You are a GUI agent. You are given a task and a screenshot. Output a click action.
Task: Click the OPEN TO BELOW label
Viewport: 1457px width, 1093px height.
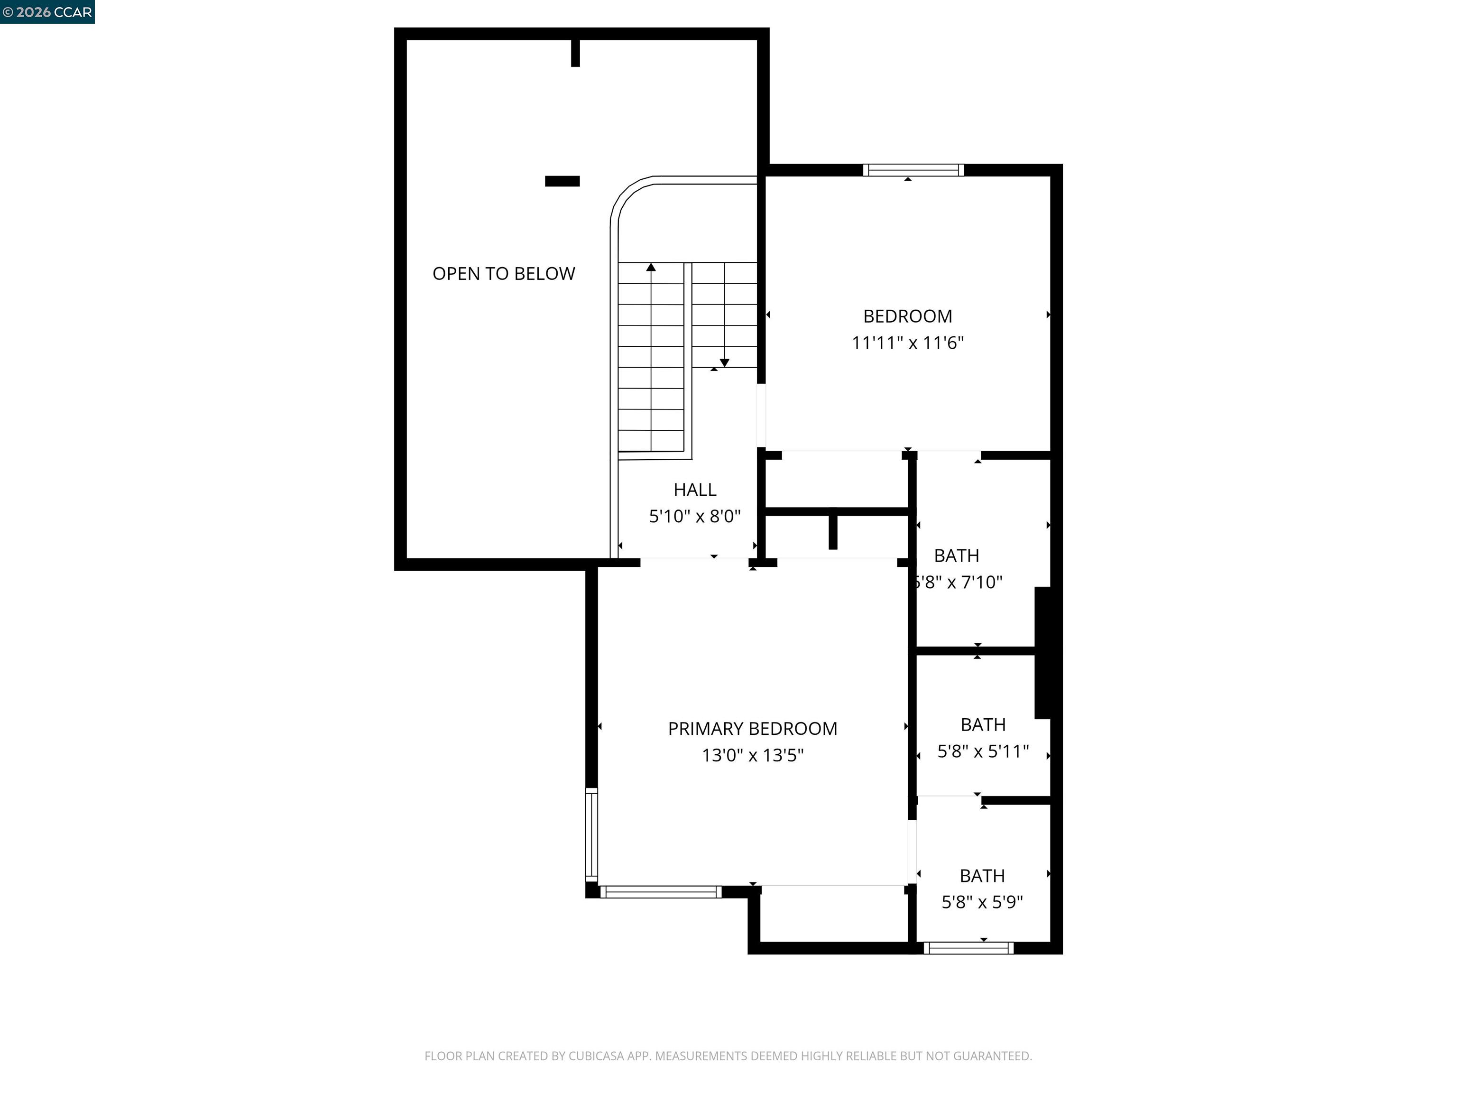click(x=503, y=273)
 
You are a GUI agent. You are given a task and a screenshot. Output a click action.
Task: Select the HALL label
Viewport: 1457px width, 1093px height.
click(x=694, y=490)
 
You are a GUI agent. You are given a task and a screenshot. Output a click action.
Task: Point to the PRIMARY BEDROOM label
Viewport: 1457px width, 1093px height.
click(x=752, y=728)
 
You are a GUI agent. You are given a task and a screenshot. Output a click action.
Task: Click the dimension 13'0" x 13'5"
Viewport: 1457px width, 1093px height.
click(x=752, y=755)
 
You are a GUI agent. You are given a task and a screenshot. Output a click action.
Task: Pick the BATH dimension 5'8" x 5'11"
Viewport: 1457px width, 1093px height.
click(x=982, y=751)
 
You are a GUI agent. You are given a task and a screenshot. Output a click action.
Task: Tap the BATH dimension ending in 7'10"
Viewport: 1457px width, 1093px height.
click(x=959, y=582)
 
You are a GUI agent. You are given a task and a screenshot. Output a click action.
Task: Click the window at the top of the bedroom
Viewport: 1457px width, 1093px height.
click(x=913, y=170)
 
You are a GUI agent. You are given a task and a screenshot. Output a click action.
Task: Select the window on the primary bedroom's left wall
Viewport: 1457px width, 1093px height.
click(x=591, y=835)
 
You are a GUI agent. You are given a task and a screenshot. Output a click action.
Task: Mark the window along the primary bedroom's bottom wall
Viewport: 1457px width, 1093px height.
click(x=661, y=892)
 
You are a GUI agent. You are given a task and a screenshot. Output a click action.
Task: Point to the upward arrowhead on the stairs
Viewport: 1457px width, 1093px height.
click(x=651, y=267)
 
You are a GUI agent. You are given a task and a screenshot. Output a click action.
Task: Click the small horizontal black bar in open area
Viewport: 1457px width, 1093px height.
click(x=562, y=181)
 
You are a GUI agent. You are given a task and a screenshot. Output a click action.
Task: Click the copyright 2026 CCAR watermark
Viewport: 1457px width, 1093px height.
click(x=47, y=12)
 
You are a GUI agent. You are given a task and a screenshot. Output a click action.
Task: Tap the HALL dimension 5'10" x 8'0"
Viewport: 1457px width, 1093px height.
click(x=694, y=516)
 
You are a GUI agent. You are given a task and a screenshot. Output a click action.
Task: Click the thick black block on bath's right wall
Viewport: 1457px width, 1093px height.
click(x=1042, y=652)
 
